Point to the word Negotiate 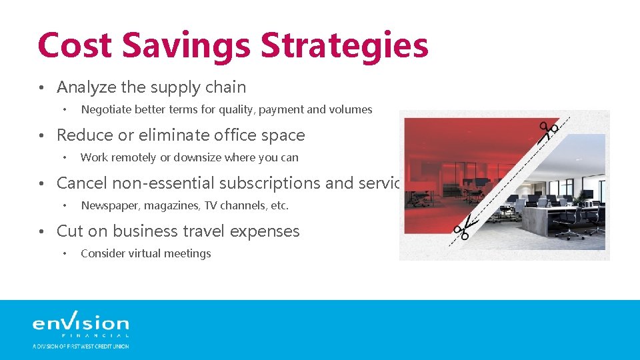(105, 109)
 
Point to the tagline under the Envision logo (81, 346)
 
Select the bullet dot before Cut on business (41, 232)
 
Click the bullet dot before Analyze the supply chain (41, 88)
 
